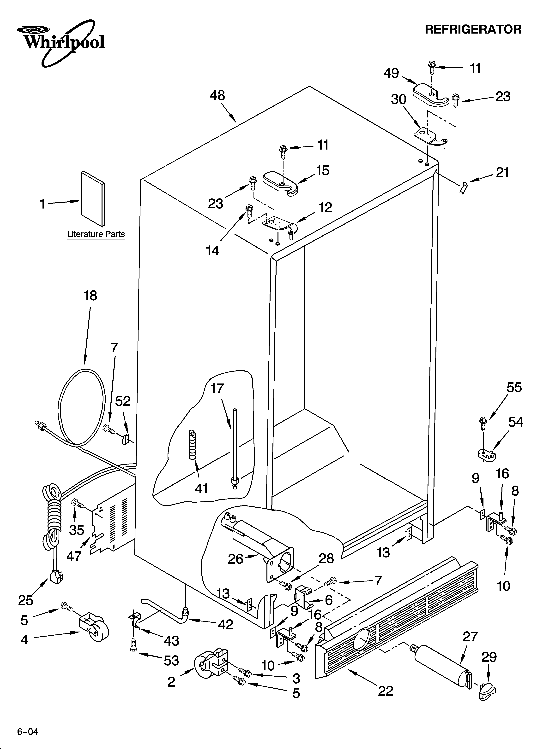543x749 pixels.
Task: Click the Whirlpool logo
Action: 61,42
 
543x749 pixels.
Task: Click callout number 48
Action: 217,96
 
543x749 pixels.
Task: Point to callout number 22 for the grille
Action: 386,691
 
